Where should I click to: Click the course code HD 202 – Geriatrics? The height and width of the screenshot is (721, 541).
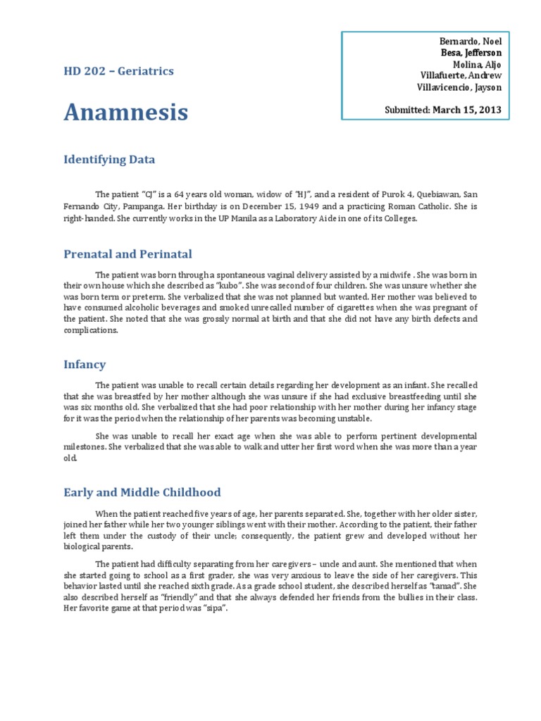(x=118, y=71)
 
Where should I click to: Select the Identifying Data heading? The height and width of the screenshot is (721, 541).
(x=109, y=160)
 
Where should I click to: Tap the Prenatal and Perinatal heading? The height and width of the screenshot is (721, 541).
(x=128, y=254)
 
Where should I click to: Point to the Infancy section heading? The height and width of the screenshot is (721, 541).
(x=85, y=365)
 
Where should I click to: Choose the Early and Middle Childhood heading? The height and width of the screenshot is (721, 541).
(x=142, y=492)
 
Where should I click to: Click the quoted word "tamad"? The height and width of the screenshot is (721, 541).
(x=448, y=586)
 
